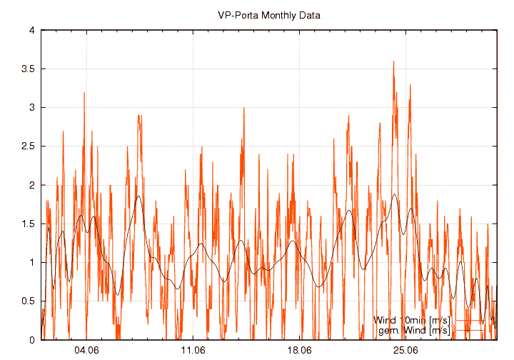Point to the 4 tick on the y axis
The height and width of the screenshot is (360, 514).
(x=32, y=31)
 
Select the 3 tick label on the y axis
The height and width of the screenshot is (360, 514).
(x=32, y=108)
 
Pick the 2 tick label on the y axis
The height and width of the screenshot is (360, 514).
(x=32, y=185)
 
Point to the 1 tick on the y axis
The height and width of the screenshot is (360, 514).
(x=32, y=262)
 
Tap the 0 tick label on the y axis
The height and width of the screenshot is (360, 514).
(x=32, y=340)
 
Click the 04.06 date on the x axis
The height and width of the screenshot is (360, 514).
(x=86, y=350)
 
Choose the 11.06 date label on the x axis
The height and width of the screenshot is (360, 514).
(x=193, y=350)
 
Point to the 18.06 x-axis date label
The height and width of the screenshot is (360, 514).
(x=299, y=350)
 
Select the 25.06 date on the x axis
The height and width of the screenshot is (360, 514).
(x=405, y=350)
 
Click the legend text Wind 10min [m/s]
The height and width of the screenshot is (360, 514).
(x=412, y=320)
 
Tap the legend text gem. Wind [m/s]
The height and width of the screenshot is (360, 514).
(x=413, y=330)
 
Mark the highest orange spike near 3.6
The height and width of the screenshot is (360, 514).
(x=393, y=62)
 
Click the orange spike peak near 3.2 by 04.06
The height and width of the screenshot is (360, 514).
(x=84, y=93)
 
